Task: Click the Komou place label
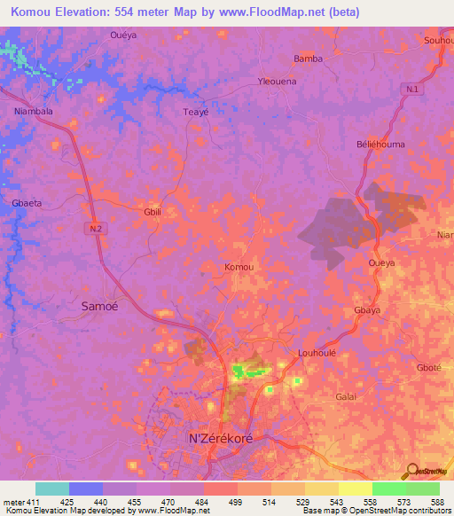coord(239,267)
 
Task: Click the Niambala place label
coord(35,112)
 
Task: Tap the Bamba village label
coord(309,59)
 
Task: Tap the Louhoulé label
coord(317,351)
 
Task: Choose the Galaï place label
coord(346,396)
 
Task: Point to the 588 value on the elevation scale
coord(434,502)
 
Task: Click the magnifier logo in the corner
coord(411,471)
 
